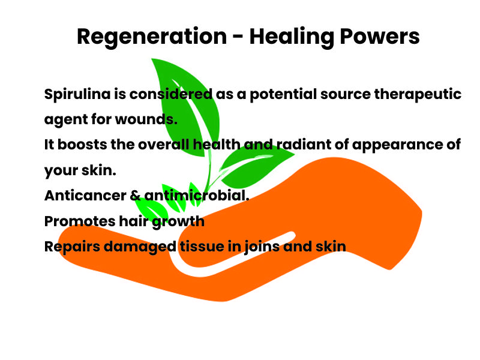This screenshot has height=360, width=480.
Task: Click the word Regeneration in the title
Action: click(152, 37)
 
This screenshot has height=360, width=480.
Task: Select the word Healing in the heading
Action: click(292, 37)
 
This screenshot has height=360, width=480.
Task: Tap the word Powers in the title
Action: click(380, 37)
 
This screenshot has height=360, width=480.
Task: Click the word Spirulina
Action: click(77, 94)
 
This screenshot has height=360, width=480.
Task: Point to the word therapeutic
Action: click(418, 94)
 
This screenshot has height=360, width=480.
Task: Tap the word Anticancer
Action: click(85, 196)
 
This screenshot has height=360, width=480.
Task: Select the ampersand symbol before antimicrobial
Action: click(135, 196)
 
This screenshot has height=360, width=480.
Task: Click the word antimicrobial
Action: click(197, 196)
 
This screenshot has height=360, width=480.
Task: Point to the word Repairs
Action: click(72, 247)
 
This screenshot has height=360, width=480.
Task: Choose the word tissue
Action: click(202, 247)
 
